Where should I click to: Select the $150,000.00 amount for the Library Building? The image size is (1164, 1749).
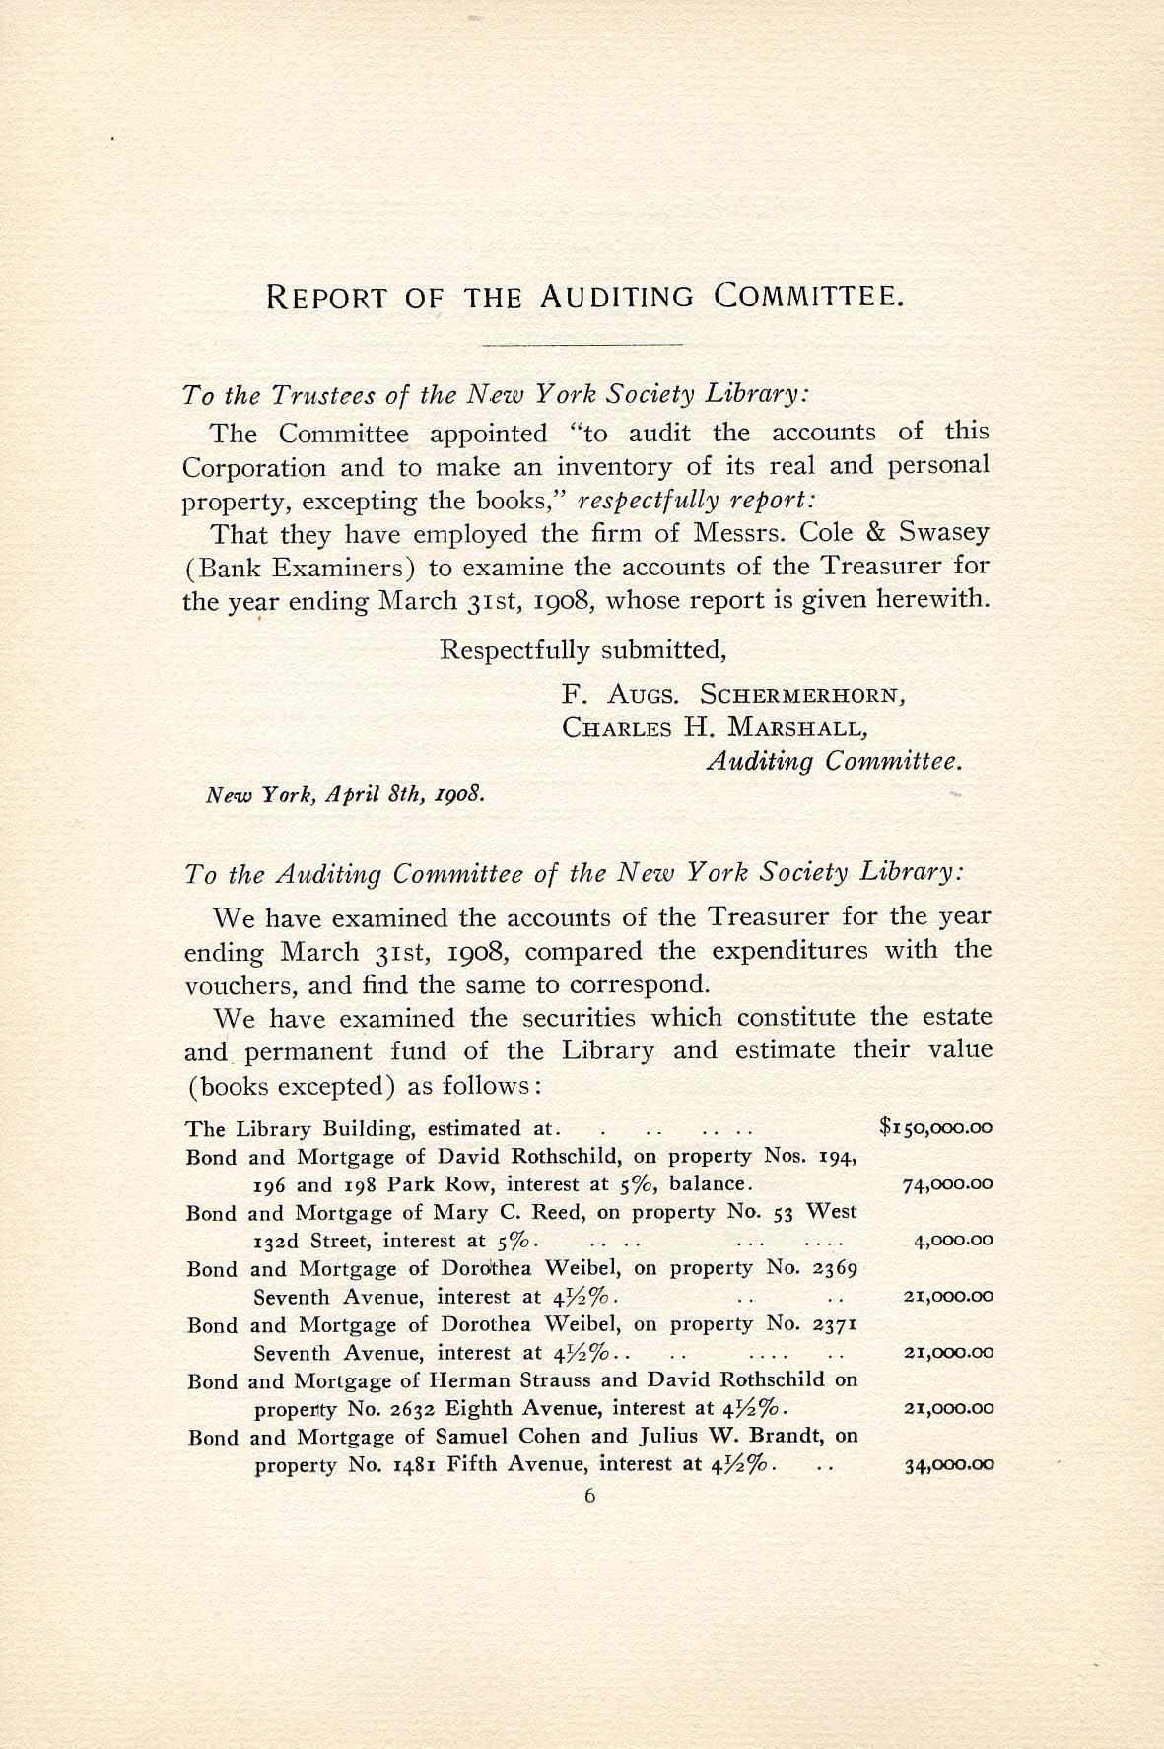pos(934,1128)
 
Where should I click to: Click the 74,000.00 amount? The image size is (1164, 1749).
pos(947,1184)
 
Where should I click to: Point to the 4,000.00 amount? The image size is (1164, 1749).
pos(952,1241)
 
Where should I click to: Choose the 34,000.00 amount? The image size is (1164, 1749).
pos(948,1465)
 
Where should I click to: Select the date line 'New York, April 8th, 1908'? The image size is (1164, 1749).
pos(344,793)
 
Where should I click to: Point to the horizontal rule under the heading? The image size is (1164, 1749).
pos(582,345)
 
